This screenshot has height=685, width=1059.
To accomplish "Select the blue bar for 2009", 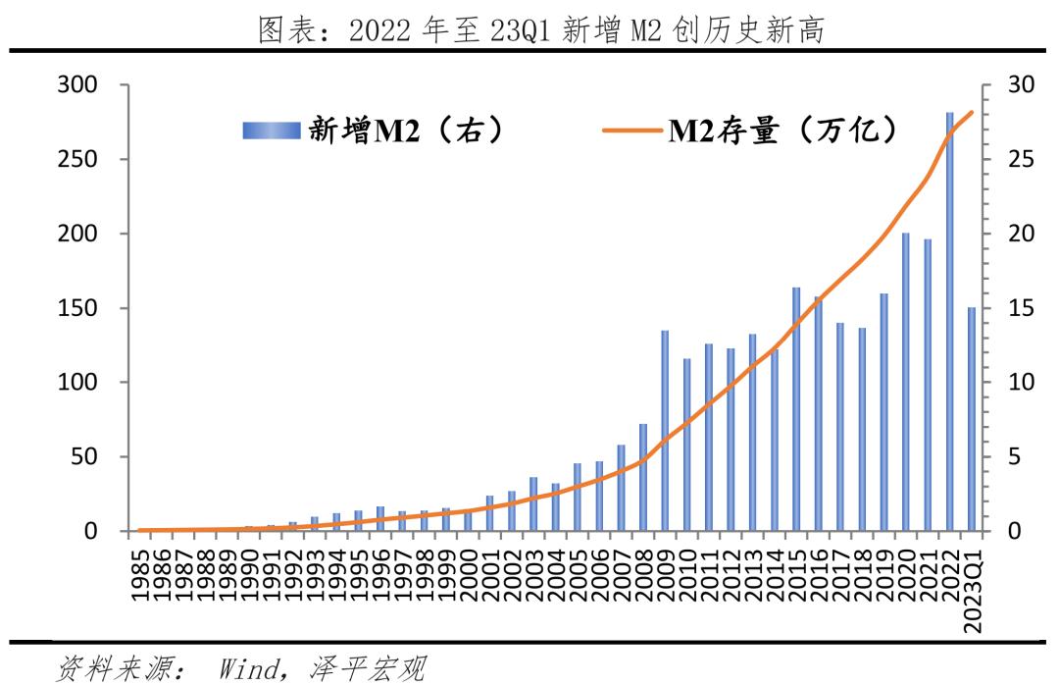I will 665,431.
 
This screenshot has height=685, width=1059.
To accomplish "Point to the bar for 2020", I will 905,382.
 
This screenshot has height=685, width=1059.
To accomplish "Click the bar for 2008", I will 643,477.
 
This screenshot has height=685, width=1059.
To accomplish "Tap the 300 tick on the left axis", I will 78,85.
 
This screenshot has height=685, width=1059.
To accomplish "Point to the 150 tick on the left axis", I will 78,308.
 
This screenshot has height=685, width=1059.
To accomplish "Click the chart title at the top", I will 540,30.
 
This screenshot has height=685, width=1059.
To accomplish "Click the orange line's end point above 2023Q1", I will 972,112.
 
